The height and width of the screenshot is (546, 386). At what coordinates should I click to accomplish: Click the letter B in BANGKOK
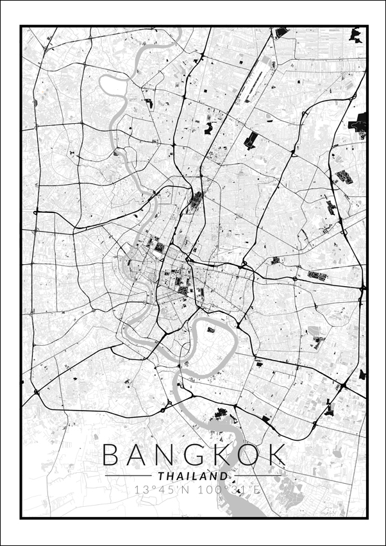pos(113,455)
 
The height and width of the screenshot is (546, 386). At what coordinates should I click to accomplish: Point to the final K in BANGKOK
pos(275,455)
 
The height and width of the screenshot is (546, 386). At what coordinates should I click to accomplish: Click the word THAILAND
pos(192,477)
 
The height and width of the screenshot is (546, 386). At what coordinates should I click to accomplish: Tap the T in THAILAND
pos(160,477)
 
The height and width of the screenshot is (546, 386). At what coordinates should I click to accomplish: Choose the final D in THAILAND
pos(224,477)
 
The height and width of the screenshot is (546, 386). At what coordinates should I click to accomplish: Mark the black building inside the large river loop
pos(210,330)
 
